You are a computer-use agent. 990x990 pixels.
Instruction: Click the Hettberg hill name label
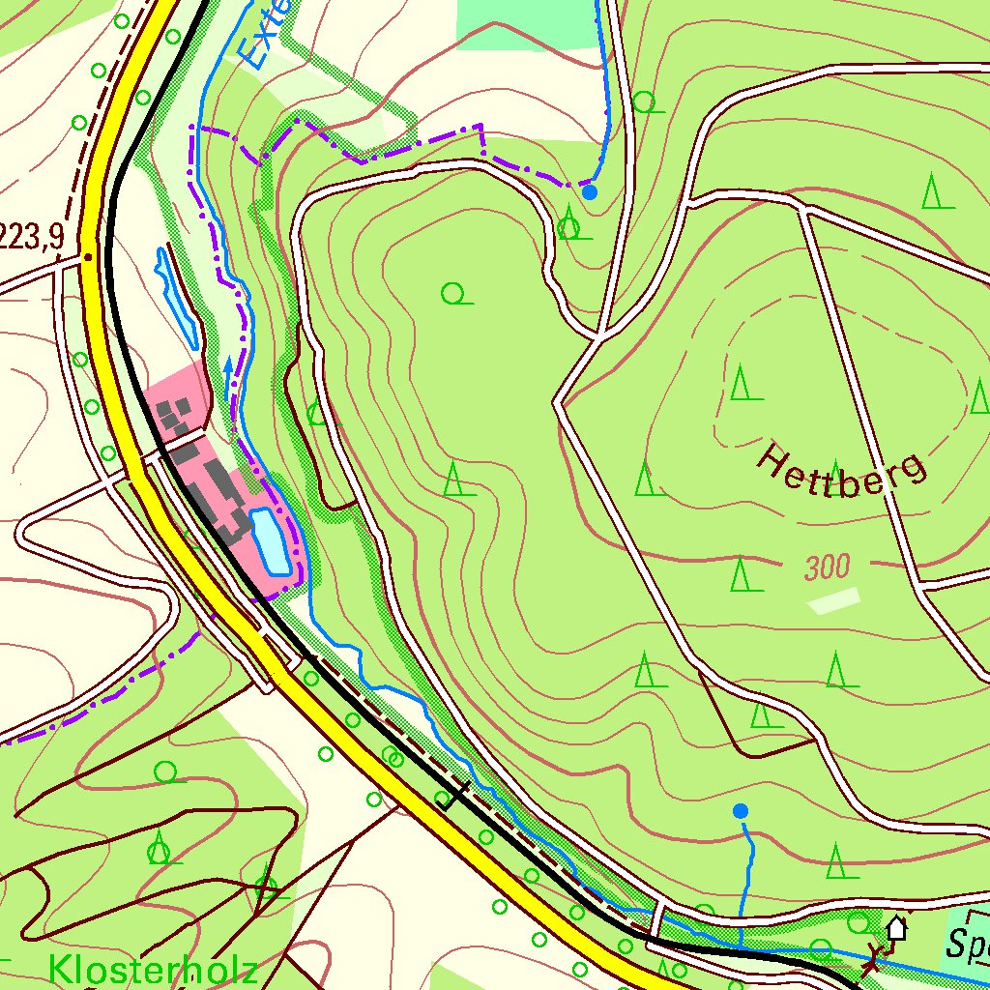(x=840, y=471)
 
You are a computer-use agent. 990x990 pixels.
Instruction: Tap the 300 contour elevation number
(x=827, y=568)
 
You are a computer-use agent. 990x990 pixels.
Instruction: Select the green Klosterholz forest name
(x=153, y=969)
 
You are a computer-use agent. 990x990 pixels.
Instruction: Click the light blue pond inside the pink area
(x=269, y=541)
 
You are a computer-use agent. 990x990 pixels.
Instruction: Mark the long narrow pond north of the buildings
(x=177, y=298)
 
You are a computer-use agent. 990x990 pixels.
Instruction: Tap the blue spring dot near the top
(x=590, y=191)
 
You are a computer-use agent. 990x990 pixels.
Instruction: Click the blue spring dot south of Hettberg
(x=741, y=810)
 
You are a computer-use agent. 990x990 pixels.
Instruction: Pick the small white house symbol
(x=897, y=928)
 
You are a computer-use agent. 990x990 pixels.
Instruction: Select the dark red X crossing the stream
(x=875, y=959)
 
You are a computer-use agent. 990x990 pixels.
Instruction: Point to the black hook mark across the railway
(x=451, y=795)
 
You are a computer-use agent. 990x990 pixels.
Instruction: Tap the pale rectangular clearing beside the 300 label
(x=833, y=601)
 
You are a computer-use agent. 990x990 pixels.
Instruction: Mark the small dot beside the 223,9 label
(x=88, y=257)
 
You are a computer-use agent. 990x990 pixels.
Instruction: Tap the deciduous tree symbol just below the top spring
(x=570, y=229)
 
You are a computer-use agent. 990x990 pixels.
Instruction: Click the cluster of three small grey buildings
(x=174, y=418)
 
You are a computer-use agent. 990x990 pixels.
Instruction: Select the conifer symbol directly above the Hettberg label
(x=741, y=384)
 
